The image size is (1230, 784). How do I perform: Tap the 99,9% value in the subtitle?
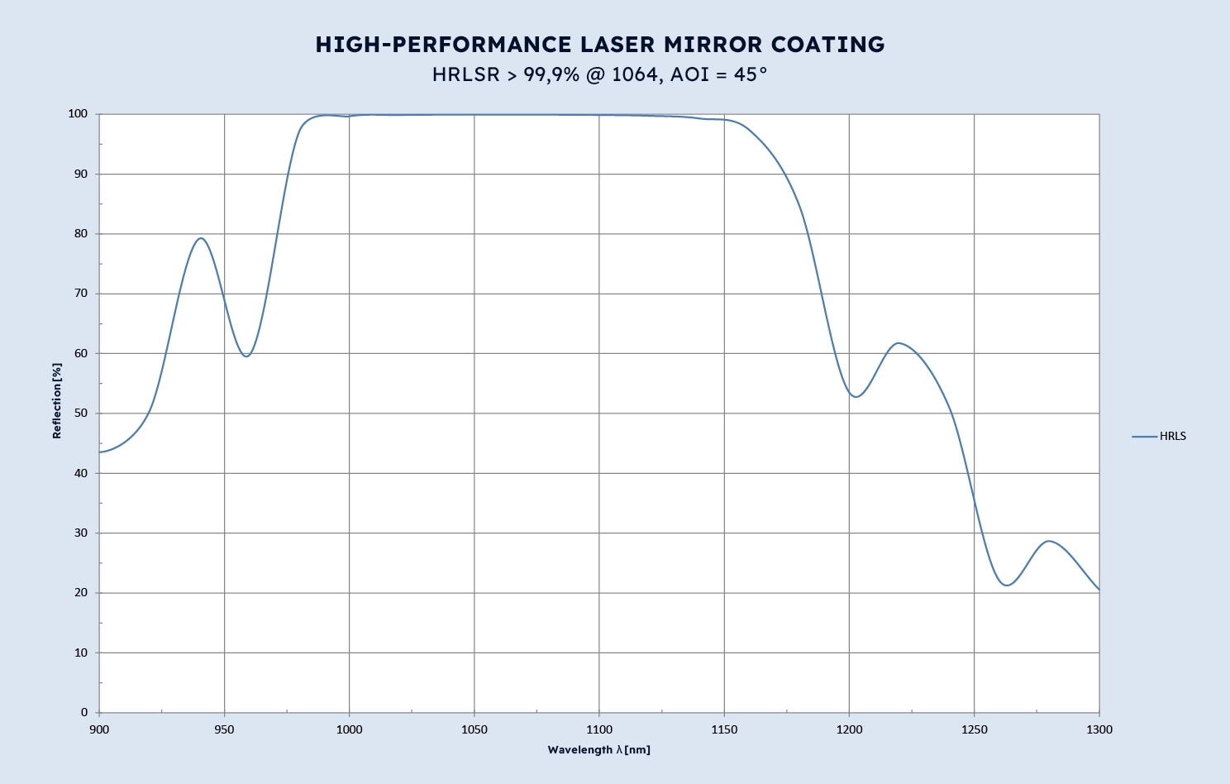click(551, 74)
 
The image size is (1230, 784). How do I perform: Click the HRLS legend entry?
click(1172, 437)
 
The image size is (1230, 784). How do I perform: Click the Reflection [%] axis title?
click(57, 400)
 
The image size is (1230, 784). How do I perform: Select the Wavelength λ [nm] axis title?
click(598, 750)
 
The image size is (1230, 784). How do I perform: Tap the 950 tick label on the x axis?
click(224, 729)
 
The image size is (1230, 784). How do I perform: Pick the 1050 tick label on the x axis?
click(474, 729)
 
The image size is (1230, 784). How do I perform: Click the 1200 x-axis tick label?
click(849, 729)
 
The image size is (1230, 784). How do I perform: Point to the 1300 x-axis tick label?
click(1099, 729)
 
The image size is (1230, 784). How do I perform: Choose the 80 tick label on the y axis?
click(81, 234)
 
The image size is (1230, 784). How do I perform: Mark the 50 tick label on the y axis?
click(81, 414)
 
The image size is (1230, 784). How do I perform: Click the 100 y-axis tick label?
click(78, 114)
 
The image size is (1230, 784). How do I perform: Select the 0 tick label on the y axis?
click(84, 712)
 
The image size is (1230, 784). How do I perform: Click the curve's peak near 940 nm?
click(200, 238)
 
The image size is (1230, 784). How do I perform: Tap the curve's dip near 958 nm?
click(246, 356)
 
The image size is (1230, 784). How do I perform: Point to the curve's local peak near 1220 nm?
click(899, 343)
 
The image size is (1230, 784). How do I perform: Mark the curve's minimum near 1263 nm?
click(1007, 586)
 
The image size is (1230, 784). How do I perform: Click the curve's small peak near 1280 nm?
click(1049, 541)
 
